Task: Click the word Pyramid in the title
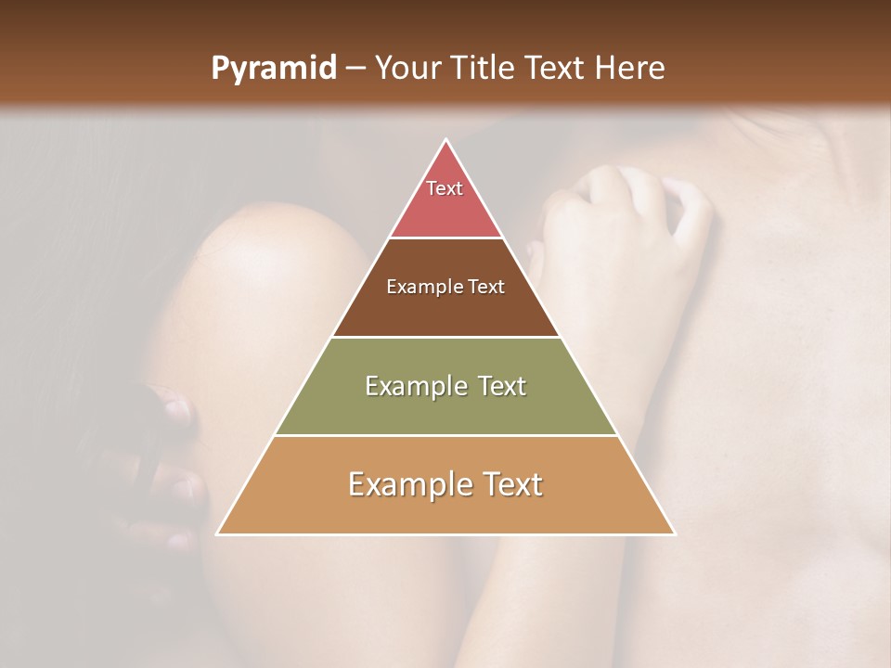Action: click(x=273, y=69)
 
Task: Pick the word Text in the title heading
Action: click(x=557, y=68)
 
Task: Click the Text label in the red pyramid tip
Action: click(x=445, y=188)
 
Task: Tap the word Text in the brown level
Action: click(x=486, y=287)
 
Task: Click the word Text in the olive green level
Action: click(x=499, y=386)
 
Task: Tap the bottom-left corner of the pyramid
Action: click(x=218, y=533)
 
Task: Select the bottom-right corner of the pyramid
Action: click(x=675, y=533)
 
